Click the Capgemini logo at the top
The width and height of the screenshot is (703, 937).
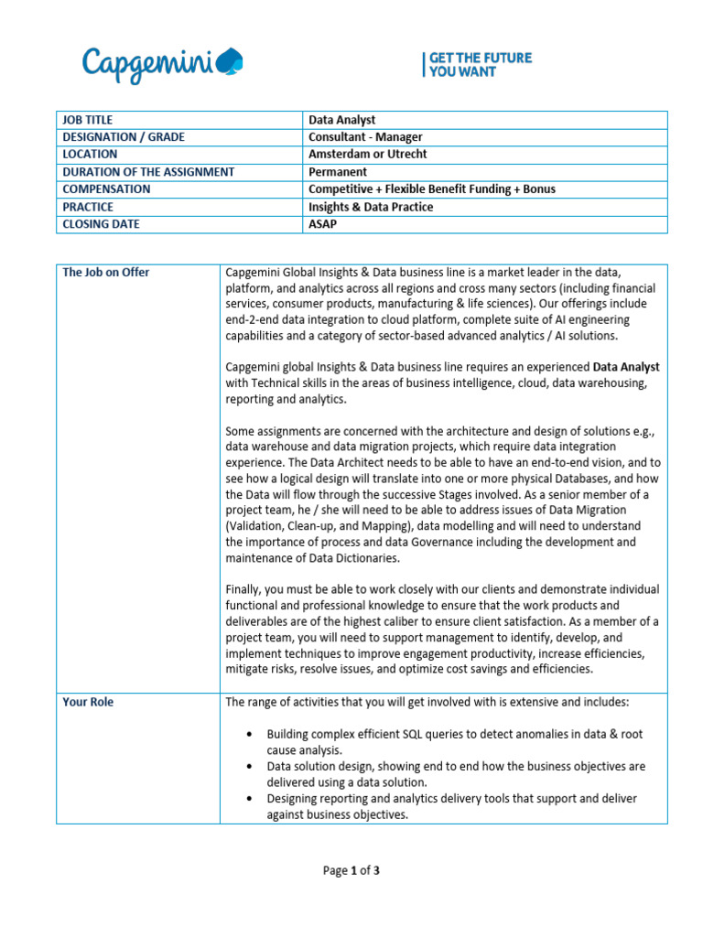[x=163, y=64]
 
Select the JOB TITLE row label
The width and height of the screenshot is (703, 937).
[x=88, y=120]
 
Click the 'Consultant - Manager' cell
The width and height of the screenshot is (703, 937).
[x=365, y=137]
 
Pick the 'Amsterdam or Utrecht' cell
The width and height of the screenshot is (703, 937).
[x=367, y=155]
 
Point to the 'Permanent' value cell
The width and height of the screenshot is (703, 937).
[x=338, y=172]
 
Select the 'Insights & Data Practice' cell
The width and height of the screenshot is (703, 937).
[x=371, y=207]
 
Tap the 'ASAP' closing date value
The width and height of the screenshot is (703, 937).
[x=323, y=224]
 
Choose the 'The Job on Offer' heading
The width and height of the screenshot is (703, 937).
[x=106, y=273]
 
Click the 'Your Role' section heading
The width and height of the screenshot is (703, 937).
[x=89, y=703]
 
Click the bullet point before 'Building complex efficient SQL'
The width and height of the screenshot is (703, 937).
[x=252, y=735]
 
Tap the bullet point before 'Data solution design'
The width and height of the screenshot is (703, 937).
[x=252, y=767]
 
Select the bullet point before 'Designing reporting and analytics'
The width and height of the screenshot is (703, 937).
[x=252, y=799]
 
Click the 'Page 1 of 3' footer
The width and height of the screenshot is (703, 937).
[x=351, y=871]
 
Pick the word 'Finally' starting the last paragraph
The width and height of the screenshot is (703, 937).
[x=244, y=590]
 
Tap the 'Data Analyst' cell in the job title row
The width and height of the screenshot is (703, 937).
[x=342, y=120]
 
